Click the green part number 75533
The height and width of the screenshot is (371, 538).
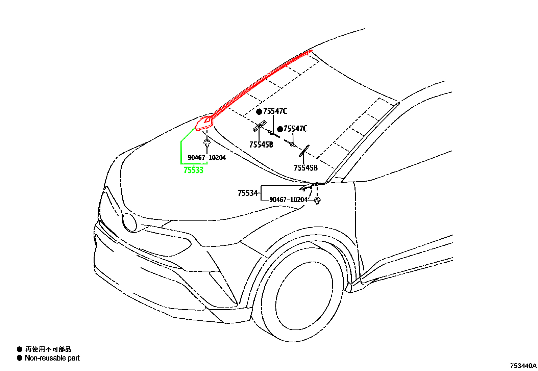pos(193,170)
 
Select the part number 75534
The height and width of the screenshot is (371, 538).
pos(248,193)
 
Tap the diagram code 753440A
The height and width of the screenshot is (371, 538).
pos(523,366)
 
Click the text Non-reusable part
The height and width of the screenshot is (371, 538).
pos(52,358)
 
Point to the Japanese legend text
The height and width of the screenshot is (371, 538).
pos(48,349)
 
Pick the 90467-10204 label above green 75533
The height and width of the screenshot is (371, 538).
pos(207,158)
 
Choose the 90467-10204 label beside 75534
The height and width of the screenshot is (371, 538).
pos(288,200)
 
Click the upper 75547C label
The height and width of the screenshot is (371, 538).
pos(275,111)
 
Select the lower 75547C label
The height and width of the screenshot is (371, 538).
pos(295,129)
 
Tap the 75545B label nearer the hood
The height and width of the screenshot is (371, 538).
pos(261,145)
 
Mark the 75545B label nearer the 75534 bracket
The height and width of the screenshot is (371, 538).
pos(306,167)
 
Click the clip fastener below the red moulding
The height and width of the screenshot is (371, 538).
pos(207,143)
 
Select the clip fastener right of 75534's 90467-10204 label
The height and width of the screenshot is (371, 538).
pos(317,201)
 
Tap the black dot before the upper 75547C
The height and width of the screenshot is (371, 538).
pos(259,112)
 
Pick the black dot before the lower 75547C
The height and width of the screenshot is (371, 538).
pos(280,129)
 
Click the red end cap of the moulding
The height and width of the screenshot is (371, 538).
pos(204,123)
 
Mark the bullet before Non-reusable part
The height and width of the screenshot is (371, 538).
pos(20,358)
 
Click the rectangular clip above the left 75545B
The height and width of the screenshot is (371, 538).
pos(260,126)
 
